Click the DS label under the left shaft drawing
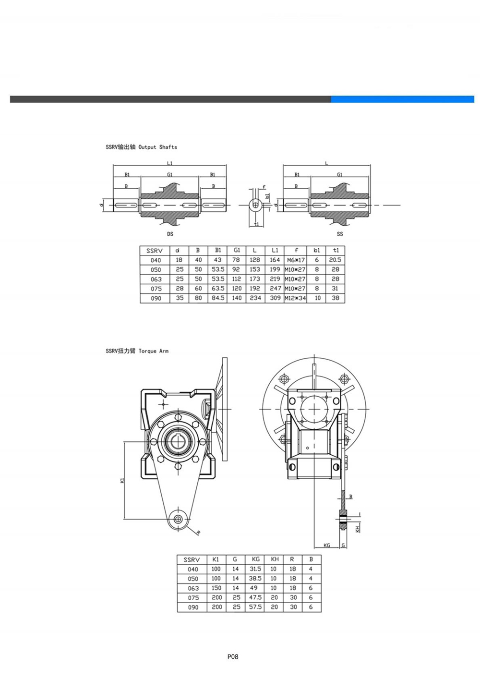[x=170, y=234]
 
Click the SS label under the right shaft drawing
[x=340, y=234]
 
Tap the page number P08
[x=233, y=656]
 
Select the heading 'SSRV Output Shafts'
[x=141, y=147]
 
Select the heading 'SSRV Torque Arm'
[x=137, y=351]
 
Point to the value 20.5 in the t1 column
[x=335, y=260]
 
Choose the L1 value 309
[x=275, y=298]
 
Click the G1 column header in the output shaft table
[x=236, y=250]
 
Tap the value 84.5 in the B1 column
[x=218, y=298]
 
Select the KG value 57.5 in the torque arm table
[x=255, y=607]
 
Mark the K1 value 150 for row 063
[x=216, y=588]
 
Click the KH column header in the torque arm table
[x=275, y=559]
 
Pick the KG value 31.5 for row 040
[x=255, y=569]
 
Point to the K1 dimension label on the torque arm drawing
[x=122, y=480]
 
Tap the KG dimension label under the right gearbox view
[x=327, y=546]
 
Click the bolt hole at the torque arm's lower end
[x=179, y=519]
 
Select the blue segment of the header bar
[x=402, y=99]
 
